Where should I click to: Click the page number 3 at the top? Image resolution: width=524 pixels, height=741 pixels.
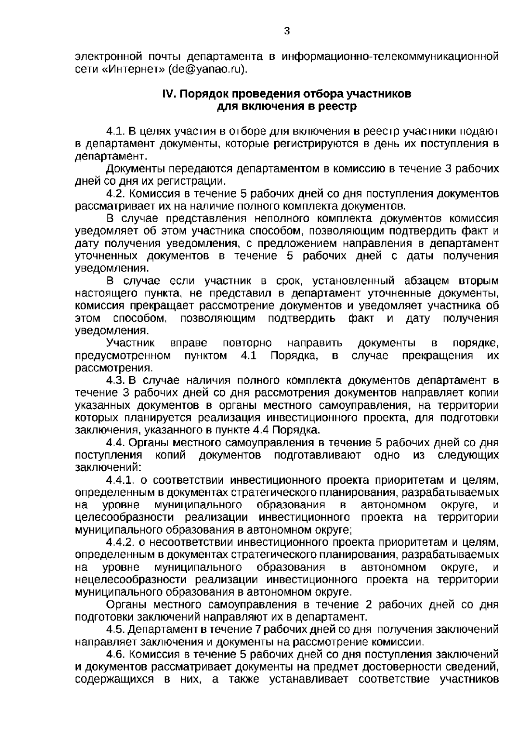pyautogui.click(x=286, y=31)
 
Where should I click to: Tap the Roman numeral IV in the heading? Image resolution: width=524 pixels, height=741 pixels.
pyautogui.click(x=169, y=94)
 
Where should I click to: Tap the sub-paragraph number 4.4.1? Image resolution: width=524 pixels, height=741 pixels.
pyautogui.click(x=120, y=481)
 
